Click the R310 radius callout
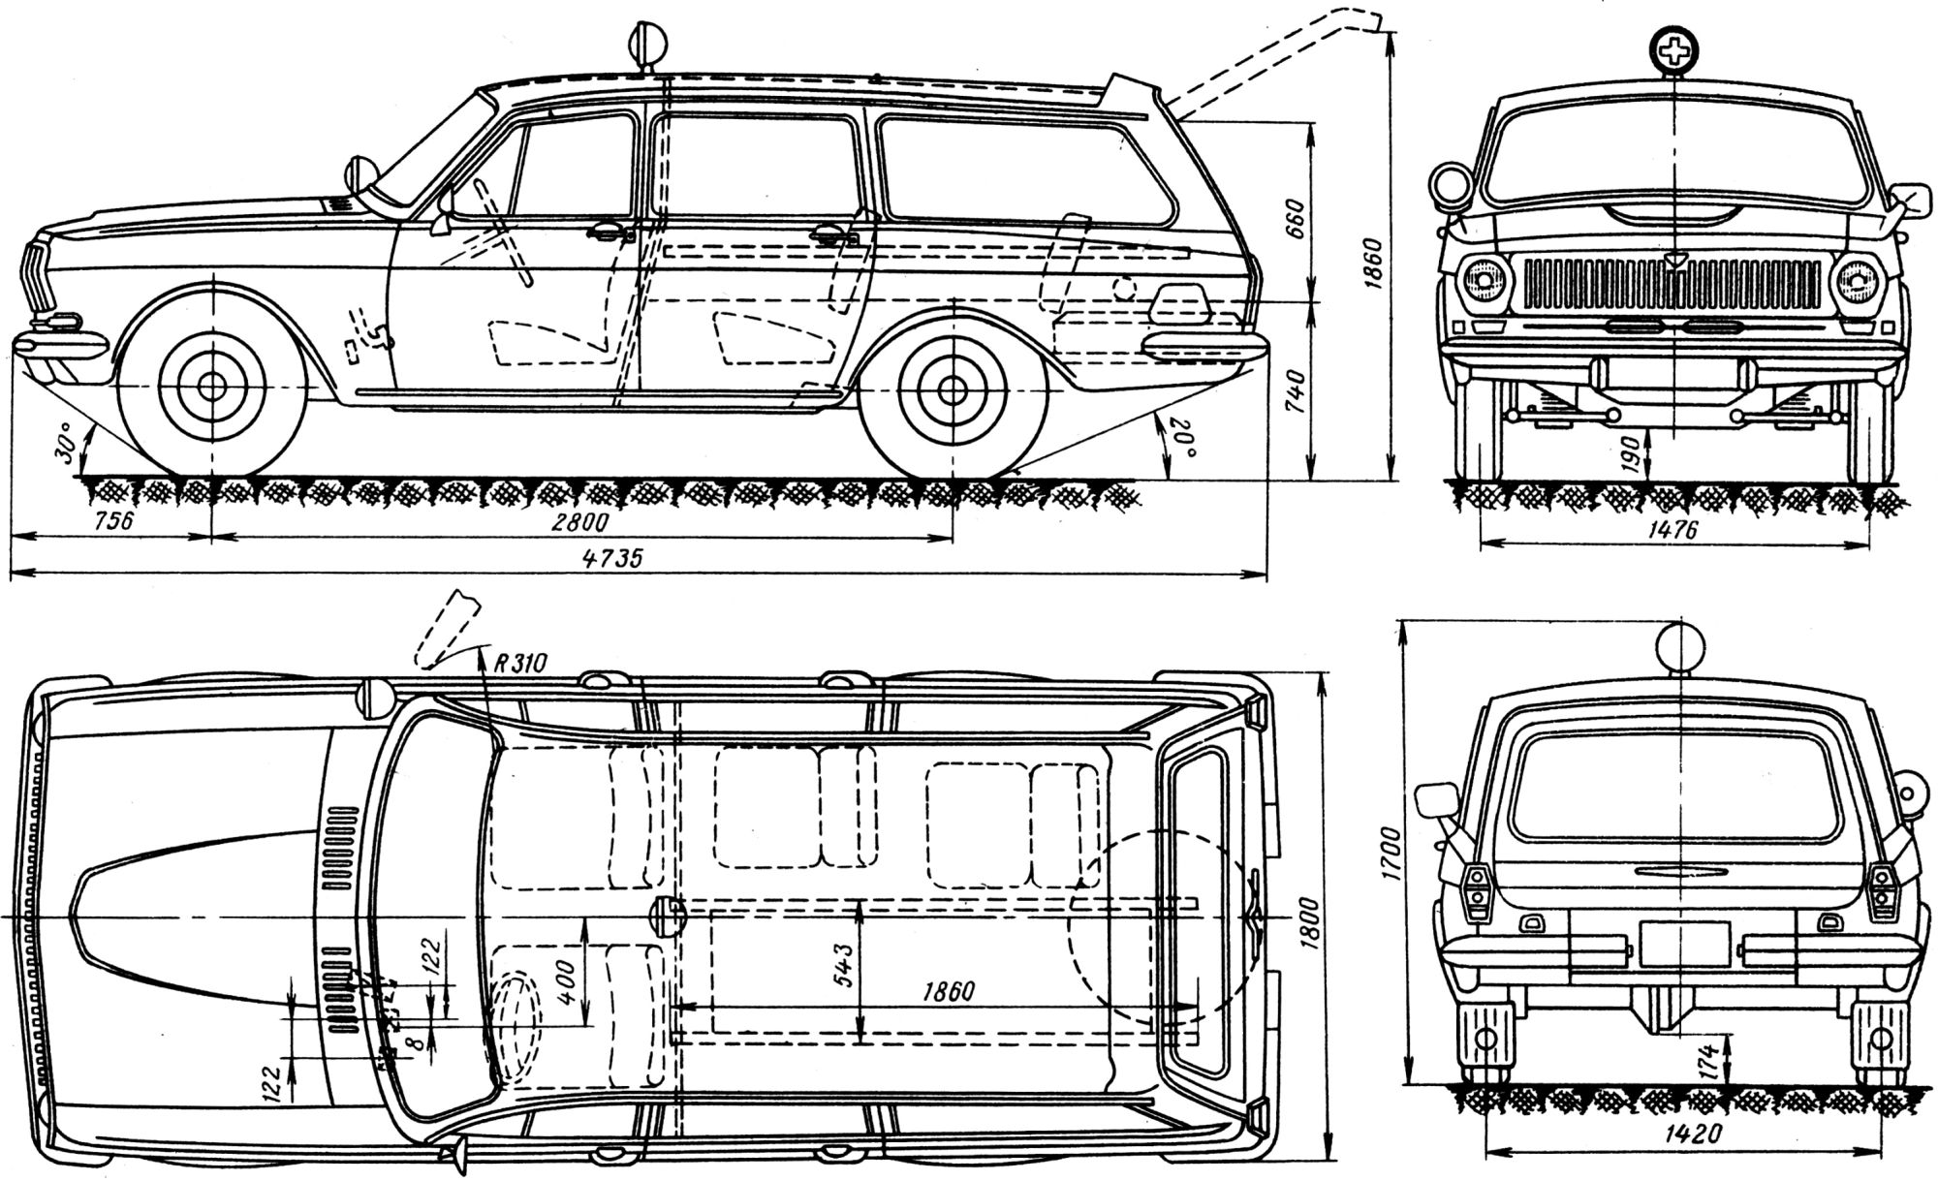click(520, 663)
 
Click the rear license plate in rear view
click(1684, 944)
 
